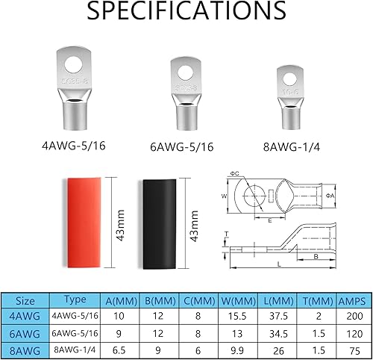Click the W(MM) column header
click(236, 302)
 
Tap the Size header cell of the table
click(26, 302)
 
